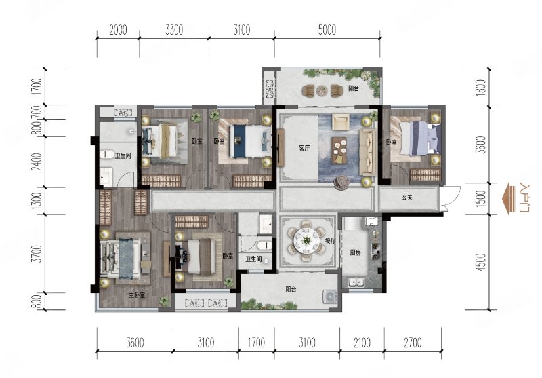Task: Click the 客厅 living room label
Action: pyautogui.click(x=304, y=149)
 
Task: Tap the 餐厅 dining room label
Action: pyautogui.click(x=331, y=241)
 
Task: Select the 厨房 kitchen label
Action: pyautogui.click(x=355, y=252)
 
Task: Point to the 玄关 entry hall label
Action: pyautogui.click(x=407, y=197)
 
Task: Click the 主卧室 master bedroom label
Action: pyautogui.click(x=137, y=295)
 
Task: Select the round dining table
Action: pyautogui.click(x=306, y=240)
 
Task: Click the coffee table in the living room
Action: pyautogui.click(x=339, y=151)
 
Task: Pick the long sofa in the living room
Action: pyautogui.click(x=368, y=152)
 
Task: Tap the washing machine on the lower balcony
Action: pyautogui.click(x=331, y=297)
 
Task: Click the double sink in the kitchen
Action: pyautogui.click(x=356, y=282)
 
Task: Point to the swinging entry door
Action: pyautogui.click(x=451, y=198)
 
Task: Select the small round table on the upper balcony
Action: pyautogui.click(x=322, y=90)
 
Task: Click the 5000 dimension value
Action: pyautogui.click(x=327, y=30)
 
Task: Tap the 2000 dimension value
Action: pyautogui.click(x=118, y=30)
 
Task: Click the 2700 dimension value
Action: pyautogui.click(x=413, y=343)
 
